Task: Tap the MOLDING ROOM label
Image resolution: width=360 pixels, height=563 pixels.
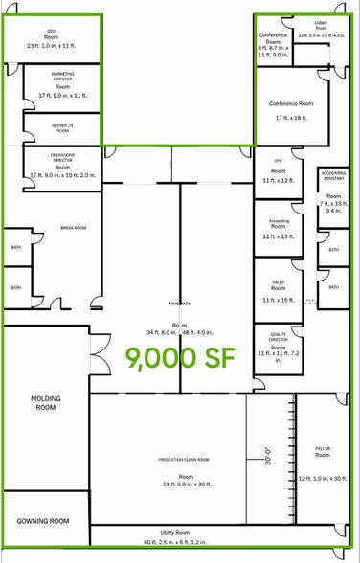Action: pyautogui.click(x=43, y=402)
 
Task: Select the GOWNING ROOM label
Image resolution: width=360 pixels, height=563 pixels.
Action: pyautogui.click(x=43, y=521)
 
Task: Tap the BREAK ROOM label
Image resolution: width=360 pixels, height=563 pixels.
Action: pyautogui.click(x=74, y=228)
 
